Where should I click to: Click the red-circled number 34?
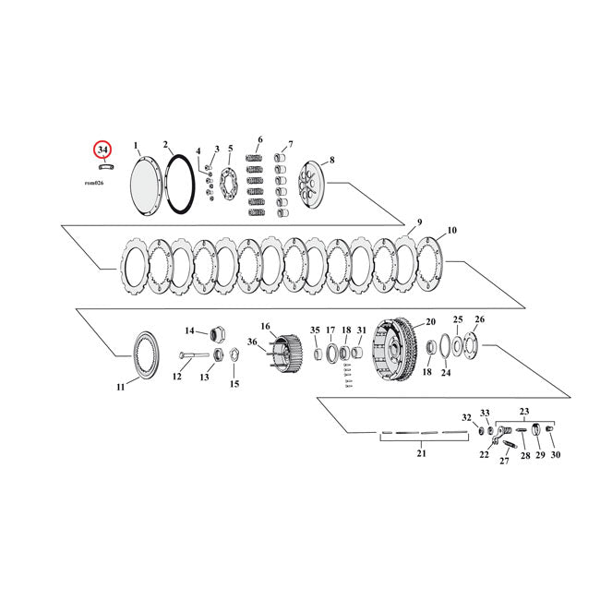click(x=102, y=149)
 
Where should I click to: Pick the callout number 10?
click(x=451, y=230)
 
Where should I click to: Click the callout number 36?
click(x=252, y=342)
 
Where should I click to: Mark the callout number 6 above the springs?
click(x=260, y=140)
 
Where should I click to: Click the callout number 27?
click(x=504, y=462)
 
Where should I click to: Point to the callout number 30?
click(x=555, y=455)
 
